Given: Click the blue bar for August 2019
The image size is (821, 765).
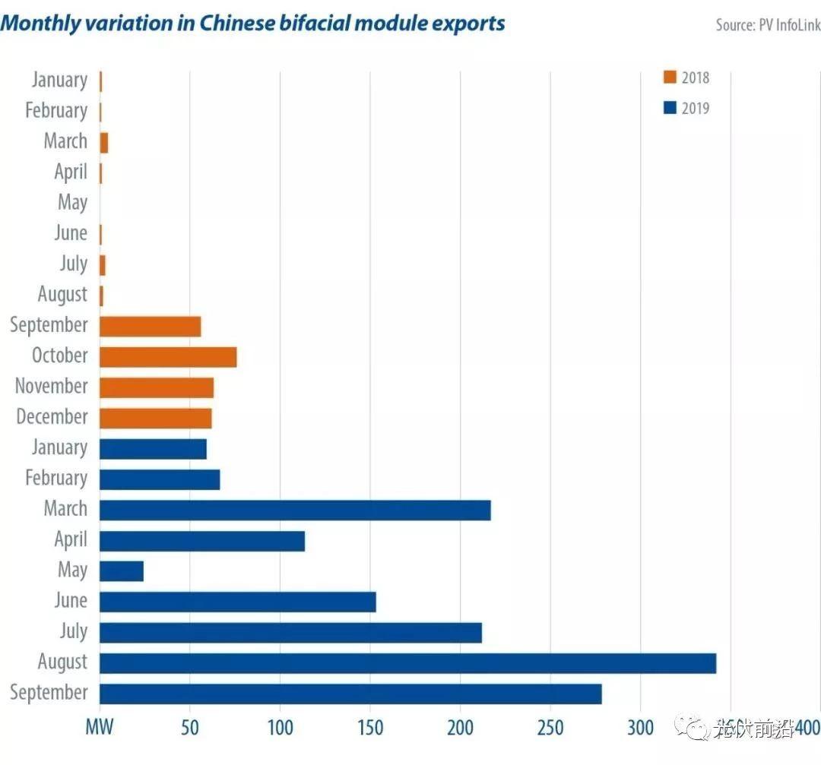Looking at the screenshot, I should pyautogui.click(x=407, y=662).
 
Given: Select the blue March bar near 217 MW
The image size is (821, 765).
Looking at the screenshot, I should pyautogui.click(x=295, y=509).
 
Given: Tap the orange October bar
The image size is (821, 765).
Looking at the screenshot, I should pyautogui.click(x=168, y=356).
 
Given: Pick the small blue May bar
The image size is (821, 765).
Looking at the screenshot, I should pyautogui.click(x=122, y=571).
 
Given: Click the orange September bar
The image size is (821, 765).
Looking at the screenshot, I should pyautogui.click(x=150, y=326).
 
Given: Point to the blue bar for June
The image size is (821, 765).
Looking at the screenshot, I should pyautogui.click(x=238, y=602).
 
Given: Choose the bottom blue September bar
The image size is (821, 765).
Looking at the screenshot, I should pyautogui.click(x=350, y=694).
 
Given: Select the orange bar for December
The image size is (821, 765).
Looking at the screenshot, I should pyautogui.click(x=156, y=418).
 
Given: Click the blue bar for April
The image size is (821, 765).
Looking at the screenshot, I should pyautogui.click(x=202, y=540).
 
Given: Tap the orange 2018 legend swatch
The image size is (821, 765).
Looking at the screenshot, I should pyautogui.click(x=670, y=77).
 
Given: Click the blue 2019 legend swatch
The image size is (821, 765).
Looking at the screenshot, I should pyautogui.click(x=670, y=109).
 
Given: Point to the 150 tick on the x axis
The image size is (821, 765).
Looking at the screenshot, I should pyautogui.click(x=370, y=728).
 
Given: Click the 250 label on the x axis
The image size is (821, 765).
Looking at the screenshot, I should pyautogui.click(x=550, y=728).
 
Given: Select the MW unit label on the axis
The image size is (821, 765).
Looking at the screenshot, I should pyautogui.click(x=99, y=728).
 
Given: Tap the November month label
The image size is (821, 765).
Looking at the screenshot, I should pyautogui.click(x=52, y=387).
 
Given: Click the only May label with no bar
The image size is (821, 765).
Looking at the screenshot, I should pyautogui.click(x=72, y=203).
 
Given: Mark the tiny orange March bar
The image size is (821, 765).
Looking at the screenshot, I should pyautogui.click(x=104, y=142).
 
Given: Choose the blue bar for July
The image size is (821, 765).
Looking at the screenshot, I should pyautogui.click(x=290, y=632).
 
